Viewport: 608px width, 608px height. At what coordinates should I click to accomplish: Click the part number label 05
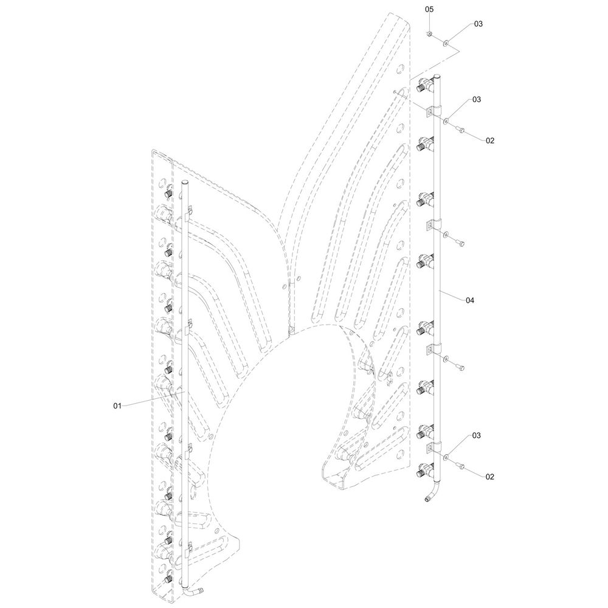[429, 10]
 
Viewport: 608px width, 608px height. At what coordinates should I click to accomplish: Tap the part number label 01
[118, 405]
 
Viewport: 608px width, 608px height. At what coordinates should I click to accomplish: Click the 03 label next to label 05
[478, 24]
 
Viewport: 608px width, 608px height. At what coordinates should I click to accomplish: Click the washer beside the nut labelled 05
[447, 43]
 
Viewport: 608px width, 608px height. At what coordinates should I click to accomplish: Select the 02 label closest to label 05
[490, 140]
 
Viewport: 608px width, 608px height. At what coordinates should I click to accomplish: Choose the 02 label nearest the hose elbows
[490, 477]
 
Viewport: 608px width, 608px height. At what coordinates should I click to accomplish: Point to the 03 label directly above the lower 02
[476, 436]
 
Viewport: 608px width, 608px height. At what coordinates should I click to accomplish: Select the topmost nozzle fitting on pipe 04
[426, 86]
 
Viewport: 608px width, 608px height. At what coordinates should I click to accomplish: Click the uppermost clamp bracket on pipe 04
[432, 112]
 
